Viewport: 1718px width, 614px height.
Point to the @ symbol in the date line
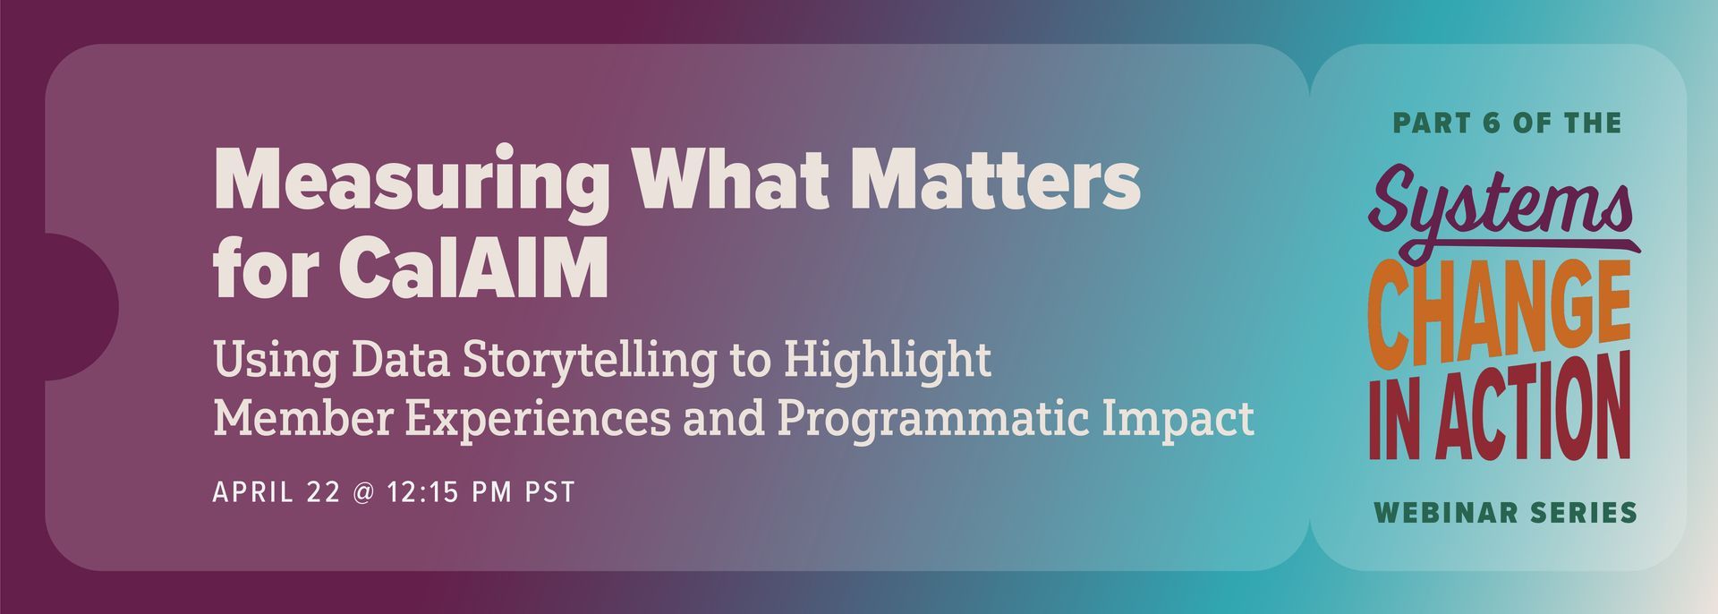[363, 493]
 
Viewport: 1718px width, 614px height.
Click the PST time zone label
[549, 492]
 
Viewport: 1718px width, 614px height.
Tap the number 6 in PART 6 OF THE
[1490, 124]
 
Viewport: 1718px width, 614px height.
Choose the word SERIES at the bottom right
[1584, 513]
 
